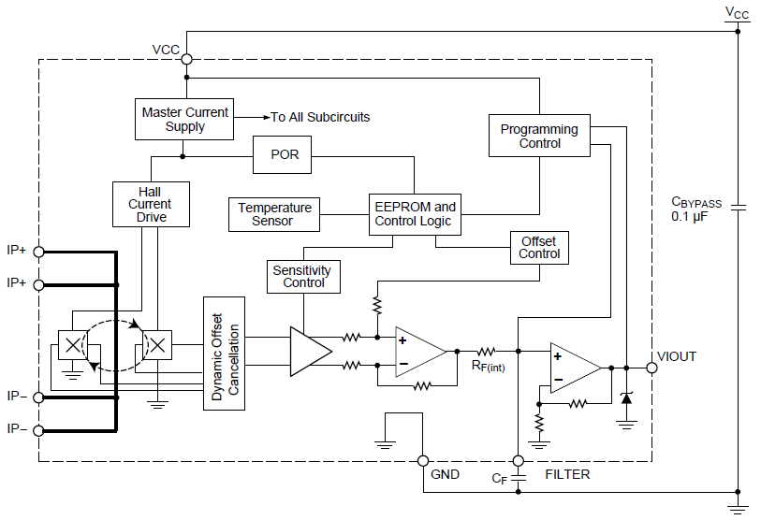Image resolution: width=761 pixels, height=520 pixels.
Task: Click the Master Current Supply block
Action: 184,120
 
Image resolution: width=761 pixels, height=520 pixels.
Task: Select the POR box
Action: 282,154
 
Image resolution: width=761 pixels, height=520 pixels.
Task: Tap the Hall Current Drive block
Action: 151,204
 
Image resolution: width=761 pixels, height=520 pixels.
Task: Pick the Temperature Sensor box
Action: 274,214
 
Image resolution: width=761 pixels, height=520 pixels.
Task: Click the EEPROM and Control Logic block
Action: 415,214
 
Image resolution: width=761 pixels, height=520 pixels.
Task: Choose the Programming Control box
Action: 539,136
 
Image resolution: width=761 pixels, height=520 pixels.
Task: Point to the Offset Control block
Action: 539,248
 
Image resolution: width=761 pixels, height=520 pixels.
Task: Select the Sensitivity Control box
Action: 303,277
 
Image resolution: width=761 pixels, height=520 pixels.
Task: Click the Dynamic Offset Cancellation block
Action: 224,354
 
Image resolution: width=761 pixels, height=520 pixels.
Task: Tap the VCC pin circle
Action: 187,59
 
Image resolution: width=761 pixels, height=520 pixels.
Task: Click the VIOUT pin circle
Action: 652,368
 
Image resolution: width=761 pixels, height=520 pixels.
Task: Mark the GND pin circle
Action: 423,461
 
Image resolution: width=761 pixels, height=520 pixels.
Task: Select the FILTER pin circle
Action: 519,461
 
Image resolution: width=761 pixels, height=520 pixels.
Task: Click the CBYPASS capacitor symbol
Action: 738,208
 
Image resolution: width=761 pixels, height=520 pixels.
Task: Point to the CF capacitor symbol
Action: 519,478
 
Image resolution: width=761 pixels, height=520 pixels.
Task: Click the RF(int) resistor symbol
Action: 487,352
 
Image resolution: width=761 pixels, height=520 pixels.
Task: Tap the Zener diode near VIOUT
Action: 626,397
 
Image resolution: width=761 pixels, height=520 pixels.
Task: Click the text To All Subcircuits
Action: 320,118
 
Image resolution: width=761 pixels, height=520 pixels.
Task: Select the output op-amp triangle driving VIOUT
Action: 576,368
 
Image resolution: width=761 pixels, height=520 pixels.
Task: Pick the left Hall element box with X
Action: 73,345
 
